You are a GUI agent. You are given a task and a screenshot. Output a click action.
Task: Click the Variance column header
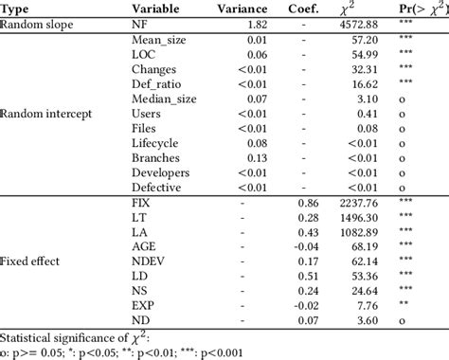(242, 9)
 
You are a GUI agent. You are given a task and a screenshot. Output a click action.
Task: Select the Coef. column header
(303, 9)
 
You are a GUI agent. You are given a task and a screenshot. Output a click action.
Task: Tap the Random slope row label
(37, 25)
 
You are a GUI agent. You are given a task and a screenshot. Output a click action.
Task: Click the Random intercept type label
(46, 114)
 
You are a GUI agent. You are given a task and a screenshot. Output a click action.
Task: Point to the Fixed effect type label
(29, 261)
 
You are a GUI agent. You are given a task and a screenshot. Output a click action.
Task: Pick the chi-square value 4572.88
(359, 25)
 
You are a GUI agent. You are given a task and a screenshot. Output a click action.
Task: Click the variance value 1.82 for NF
(258, 25)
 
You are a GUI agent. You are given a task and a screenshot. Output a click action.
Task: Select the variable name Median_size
(164, 99)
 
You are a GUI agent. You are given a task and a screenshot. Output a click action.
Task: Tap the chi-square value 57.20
(365, 40)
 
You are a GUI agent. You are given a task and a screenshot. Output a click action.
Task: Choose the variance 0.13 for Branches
(258, 158)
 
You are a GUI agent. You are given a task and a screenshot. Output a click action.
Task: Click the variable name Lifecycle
(155, 143)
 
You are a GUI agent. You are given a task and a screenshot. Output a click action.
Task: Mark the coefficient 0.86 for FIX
(308, 203)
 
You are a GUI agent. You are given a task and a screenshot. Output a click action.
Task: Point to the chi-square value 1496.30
(359, 218)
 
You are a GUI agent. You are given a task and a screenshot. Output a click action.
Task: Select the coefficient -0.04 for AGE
(306, 246)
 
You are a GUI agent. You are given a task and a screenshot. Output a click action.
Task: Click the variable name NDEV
(148, 261)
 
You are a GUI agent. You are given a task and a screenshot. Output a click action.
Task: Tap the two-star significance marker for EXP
(404, 303)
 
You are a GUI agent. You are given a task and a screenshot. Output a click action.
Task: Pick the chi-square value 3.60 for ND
(368, 320)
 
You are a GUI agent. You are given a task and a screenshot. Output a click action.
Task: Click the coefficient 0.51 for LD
(308, 276)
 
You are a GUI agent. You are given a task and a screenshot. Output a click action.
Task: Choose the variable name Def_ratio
(156, 84)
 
